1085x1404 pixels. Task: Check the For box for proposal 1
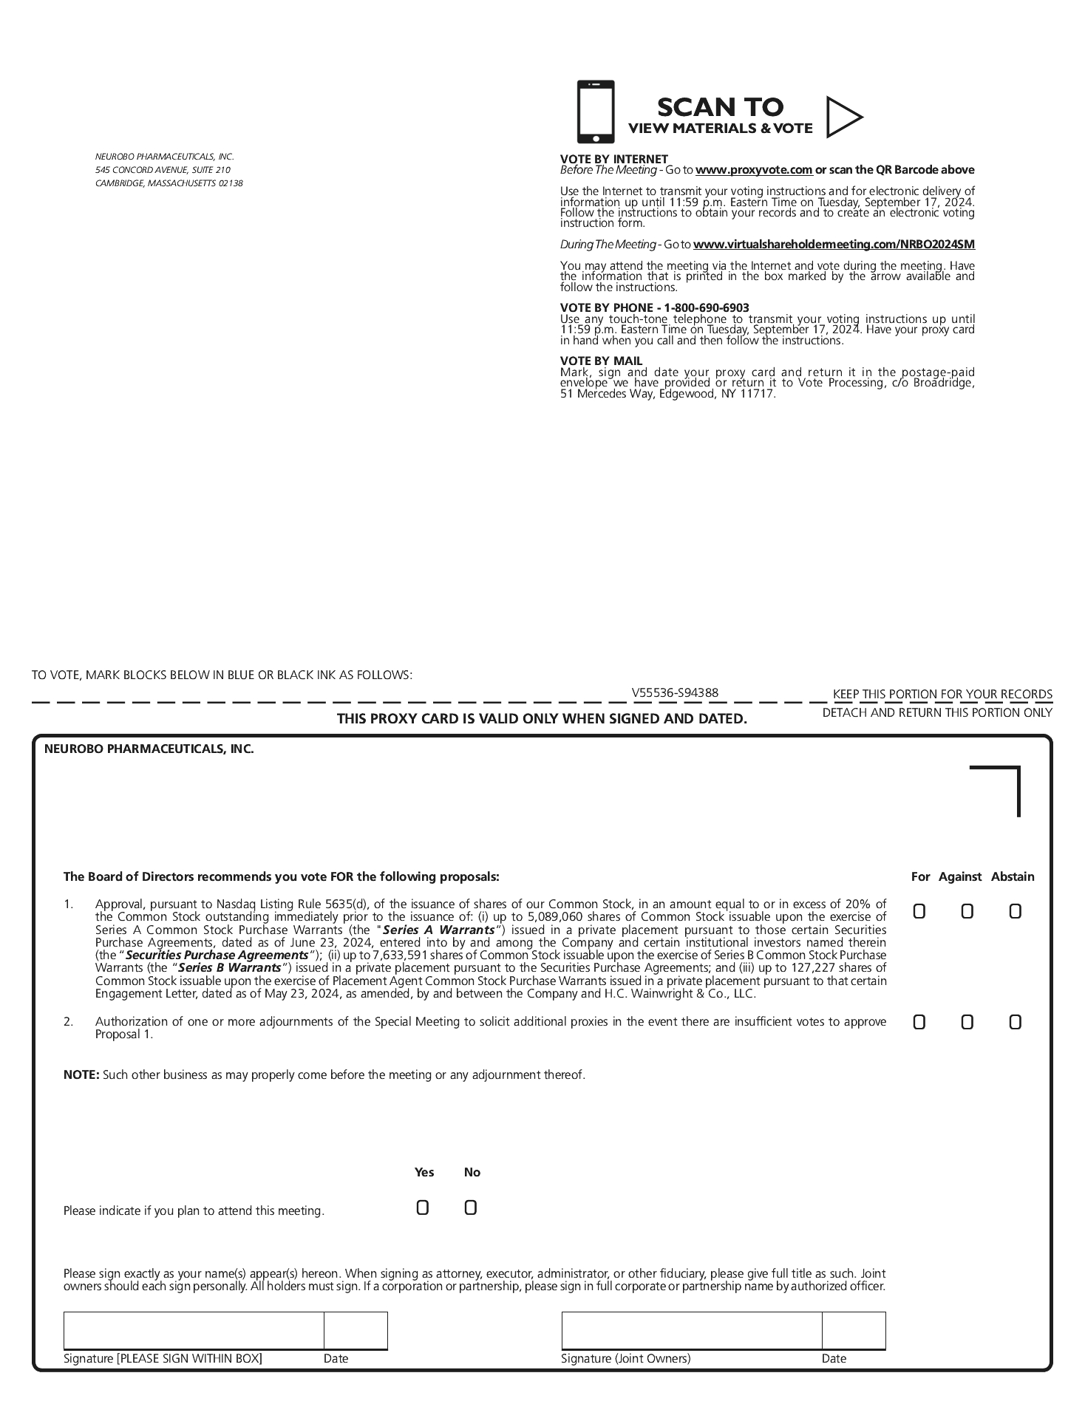click(919, 911)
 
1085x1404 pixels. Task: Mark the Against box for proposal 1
click(967, 911)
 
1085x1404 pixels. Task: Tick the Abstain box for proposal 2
click(1015, 1022)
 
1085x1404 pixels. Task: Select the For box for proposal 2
click(919, 1022)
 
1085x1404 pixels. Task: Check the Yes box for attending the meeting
click(422, 1207)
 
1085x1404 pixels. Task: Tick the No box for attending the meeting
click(470, 1207)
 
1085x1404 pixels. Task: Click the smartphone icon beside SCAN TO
click(595, 112)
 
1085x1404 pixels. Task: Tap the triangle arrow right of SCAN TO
click(843, 117)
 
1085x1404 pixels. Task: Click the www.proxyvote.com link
click(754, 170)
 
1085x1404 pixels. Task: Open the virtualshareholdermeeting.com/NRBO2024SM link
click(834, 245)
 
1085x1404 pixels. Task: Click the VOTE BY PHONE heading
click(654, 307)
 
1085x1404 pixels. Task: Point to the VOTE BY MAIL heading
click(601, 361)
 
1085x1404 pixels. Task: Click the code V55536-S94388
click(675, 692)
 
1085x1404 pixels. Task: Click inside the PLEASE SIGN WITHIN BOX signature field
click(194, 1330)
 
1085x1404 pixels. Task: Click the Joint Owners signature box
click(692, 1330)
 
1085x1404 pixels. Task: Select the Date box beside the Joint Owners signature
click(854, 1330)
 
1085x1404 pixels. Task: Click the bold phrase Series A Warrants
click(438, 930)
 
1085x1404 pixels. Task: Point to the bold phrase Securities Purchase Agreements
click(217, 955)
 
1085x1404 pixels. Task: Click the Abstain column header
click(1013, 876)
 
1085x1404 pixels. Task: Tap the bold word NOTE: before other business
click(81, 1074)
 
